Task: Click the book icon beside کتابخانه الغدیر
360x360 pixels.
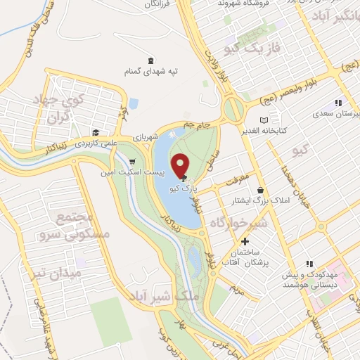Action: [x=264, y=120]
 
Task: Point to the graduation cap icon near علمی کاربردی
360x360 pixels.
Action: [x=94, y=131]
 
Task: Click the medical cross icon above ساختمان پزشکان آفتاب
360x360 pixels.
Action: [x=244, y=241]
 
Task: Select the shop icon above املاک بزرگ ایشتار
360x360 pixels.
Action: [x=261, y=190]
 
